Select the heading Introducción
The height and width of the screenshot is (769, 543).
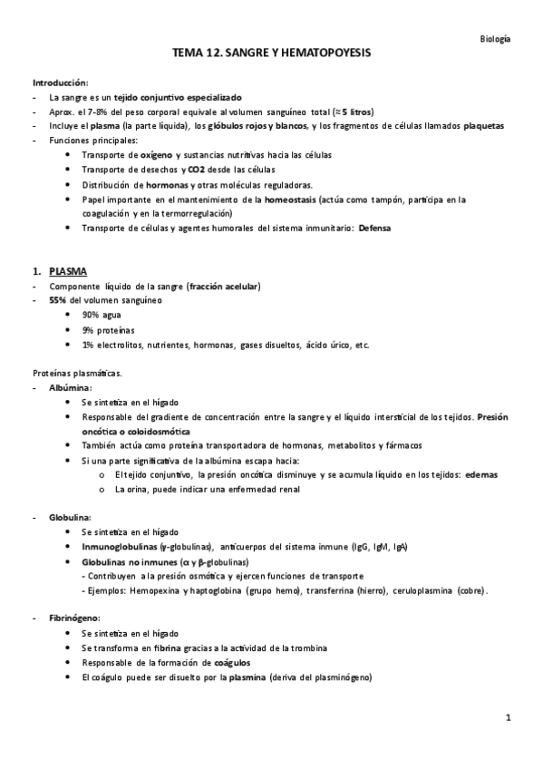(x=61, y=83)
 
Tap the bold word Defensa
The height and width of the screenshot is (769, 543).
(x=374, y=228)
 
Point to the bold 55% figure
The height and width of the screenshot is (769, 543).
(x=60, y=300)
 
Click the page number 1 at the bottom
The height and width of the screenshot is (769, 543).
(x=509, y=718)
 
